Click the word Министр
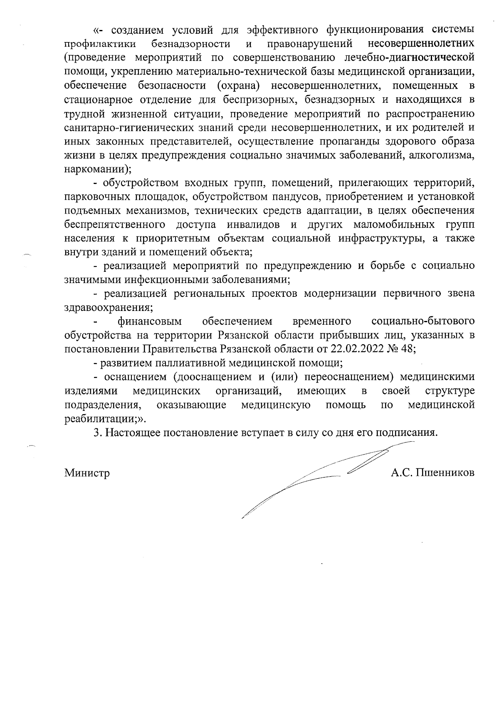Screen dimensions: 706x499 pos(87,473)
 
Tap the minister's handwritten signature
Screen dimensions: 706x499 pos(316,479)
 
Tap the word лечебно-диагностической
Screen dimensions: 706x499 pos(410,58)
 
